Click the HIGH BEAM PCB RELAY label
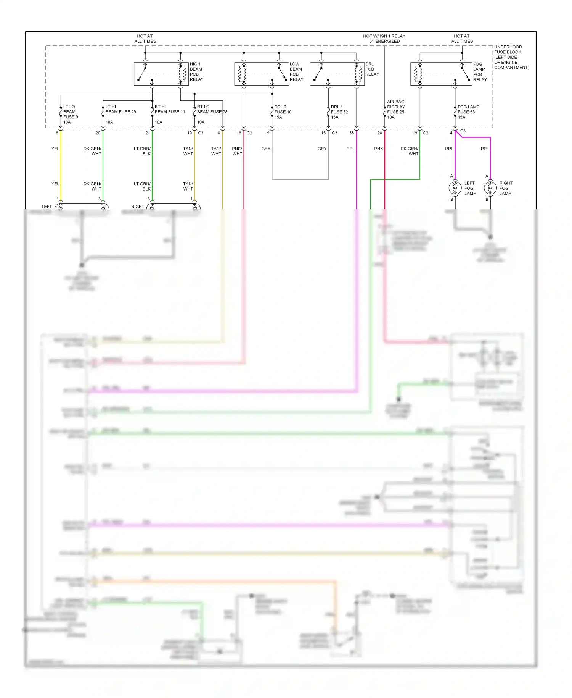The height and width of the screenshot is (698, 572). tap(196, 72)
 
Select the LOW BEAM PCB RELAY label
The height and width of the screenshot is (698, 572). tap(296, 72)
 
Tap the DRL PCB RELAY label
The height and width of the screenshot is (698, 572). tap(372, 69)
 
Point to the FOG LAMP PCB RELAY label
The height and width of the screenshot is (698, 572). tap(480, 72)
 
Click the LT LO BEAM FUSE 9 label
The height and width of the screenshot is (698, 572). tap(70, 114)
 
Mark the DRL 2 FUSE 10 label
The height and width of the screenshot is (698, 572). tap(283, 112)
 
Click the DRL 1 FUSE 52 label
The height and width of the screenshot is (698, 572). tap(339, 112)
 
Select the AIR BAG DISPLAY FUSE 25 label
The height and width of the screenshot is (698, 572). tap(396, 109)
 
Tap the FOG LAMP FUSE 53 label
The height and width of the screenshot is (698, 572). tap(468, 112)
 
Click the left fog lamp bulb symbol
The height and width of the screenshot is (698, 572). tap(455, 188)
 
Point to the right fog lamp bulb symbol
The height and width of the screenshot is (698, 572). tap(490, 188)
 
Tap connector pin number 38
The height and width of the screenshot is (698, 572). tap(351, 133)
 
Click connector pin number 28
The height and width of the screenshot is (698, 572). tap(379, 133)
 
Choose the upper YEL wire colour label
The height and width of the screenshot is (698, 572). tap(55, 149)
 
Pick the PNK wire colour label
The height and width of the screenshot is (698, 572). tap(378, 149)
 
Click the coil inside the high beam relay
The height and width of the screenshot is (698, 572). tap(182, 73)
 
